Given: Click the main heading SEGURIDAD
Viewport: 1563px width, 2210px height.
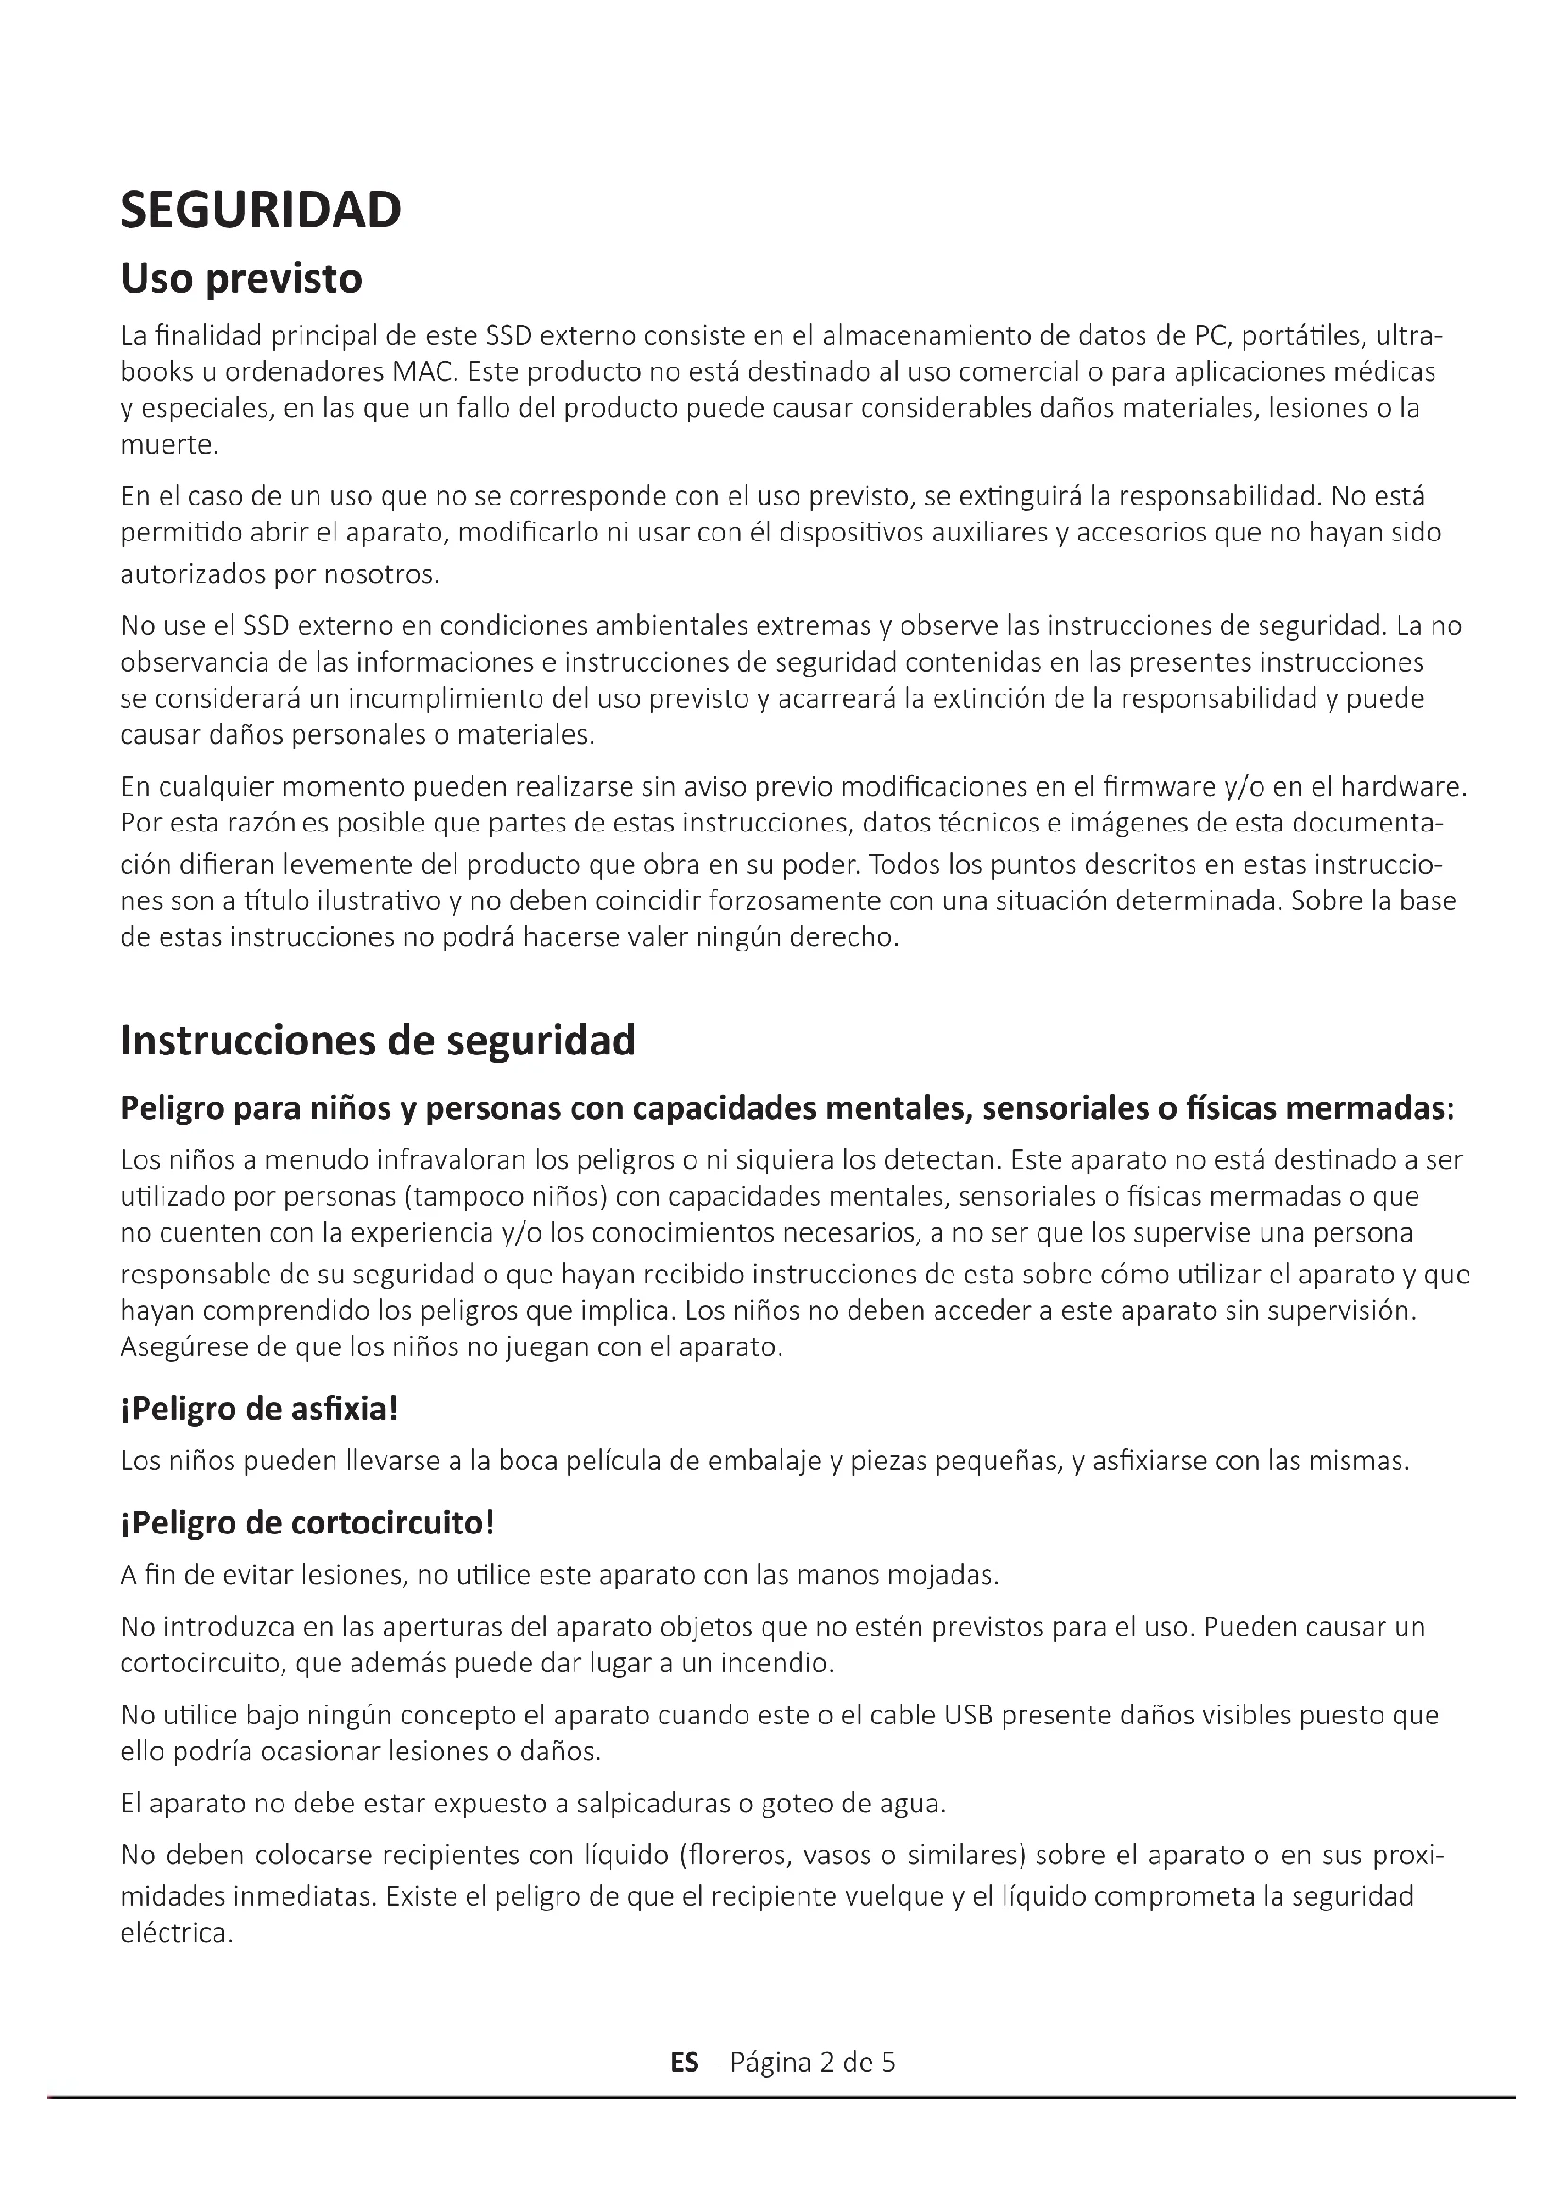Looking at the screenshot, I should pyautogui.click(x=260, y=210).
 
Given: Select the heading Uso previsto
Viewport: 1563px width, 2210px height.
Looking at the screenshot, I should pyautogui.click(x=241, y=279).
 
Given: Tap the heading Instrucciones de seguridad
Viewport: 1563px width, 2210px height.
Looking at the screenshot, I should pyautogui.click(x=377, y=1040).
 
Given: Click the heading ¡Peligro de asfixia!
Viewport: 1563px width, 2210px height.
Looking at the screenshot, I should pyautogui.click(x=259, y=1409).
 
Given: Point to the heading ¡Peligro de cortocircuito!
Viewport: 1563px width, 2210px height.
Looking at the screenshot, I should pyautogui.click(x=307, y=1523).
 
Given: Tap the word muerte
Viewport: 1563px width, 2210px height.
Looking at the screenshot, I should pyautogui.click(x=168, y=446).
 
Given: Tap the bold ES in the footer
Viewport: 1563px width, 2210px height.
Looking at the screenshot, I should pyautogui.click(x=684, y=2062).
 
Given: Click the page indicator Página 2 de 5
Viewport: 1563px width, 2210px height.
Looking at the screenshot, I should pyautogui.click(x=813, y=2062).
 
